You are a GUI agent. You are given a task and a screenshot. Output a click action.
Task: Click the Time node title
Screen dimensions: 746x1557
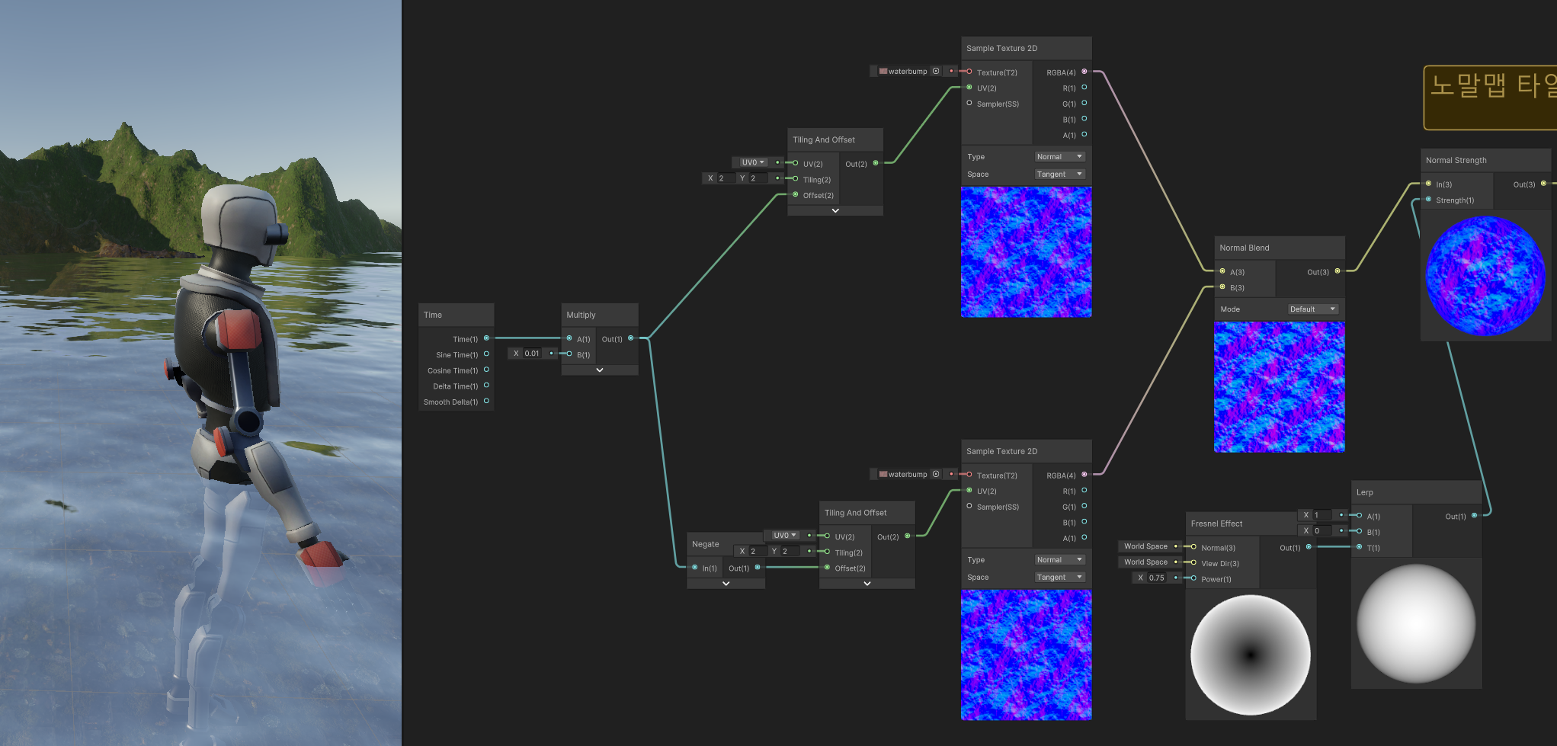point(433,315)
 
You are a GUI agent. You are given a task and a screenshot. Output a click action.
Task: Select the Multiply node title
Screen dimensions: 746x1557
point(581,315)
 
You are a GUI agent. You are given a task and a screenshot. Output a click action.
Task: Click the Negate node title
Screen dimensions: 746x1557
point(705,544)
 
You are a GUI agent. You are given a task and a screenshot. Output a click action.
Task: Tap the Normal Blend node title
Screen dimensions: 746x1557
point(1244,248)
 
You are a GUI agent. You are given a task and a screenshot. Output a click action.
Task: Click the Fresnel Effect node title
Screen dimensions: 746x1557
point(1216,523)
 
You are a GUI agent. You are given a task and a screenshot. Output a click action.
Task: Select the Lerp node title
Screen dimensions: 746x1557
point(1364,492)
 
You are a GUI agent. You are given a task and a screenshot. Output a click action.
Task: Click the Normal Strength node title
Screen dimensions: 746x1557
point(1456,160)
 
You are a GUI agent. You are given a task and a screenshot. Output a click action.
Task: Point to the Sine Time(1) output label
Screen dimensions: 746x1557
point(457,355)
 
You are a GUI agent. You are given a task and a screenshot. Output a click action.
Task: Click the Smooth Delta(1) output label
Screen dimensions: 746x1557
point(450,402)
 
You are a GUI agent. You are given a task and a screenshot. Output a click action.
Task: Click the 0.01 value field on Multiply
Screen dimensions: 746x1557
point(532,354)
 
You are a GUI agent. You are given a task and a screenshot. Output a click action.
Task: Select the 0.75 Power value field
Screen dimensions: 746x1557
point(1157,578)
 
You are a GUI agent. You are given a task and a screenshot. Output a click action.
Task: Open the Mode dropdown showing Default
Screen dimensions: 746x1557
point(1312,309)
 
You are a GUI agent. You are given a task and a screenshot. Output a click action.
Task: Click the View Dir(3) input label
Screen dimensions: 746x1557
point(1220,564)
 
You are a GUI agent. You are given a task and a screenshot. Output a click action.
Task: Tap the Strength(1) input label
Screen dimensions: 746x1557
point(1455,200)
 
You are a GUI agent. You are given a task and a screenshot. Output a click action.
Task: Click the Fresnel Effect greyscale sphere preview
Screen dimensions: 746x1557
point(1250,655)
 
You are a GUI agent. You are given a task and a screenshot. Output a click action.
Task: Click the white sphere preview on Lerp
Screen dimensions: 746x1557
point(1416,623)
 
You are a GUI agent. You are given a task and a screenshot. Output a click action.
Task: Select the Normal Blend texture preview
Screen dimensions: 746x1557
point(1279,386)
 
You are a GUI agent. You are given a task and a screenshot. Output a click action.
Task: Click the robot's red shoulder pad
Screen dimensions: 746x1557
point(238,338)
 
